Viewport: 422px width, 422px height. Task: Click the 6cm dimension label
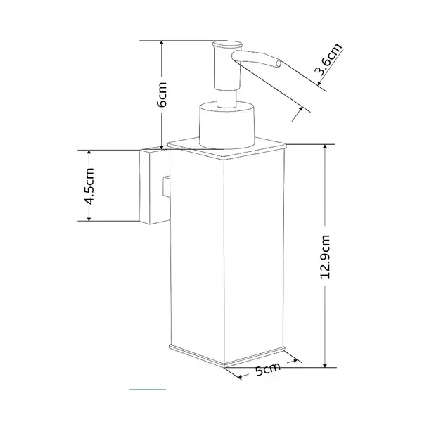(x=162, y=94)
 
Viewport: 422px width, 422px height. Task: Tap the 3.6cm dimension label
(x=328, y=59)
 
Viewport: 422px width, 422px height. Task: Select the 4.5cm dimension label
(x=89, y=186)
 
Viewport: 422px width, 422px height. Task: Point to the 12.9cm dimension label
(x=325, y=257)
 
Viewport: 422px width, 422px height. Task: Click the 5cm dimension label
(x=268, y=369)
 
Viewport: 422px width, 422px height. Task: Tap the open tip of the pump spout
(x=279, y=64)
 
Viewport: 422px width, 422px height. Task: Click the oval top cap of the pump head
(x=227, y=45)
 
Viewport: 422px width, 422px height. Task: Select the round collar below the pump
(x=226, y=124)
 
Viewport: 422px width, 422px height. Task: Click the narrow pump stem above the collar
(x=226, y=98)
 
